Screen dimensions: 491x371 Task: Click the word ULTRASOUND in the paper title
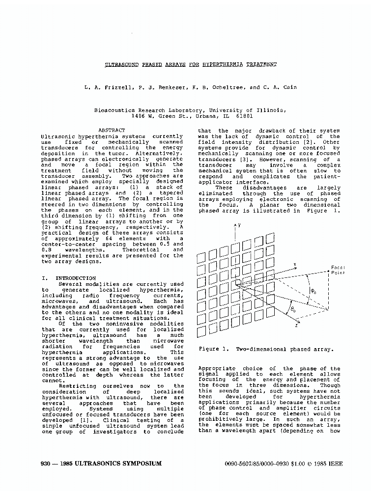[x=123, y=64]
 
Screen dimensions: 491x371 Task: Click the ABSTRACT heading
[x=112, y=130]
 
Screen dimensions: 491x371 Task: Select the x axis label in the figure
[x=294, y=264]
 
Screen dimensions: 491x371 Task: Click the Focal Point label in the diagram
[x=338, y=270]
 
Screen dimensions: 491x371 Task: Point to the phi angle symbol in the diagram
[x=313, y=291]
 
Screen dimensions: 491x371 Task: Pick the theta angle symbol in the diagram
[x=293, y=309]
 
